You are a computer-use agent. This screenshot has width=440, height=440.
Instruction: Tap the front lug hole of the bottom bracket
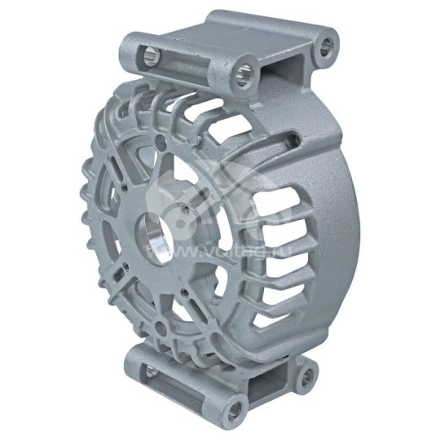pos(236,405)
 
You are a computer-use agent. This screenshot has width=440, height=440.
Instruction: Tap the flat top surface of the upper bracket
pos(244,33)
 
